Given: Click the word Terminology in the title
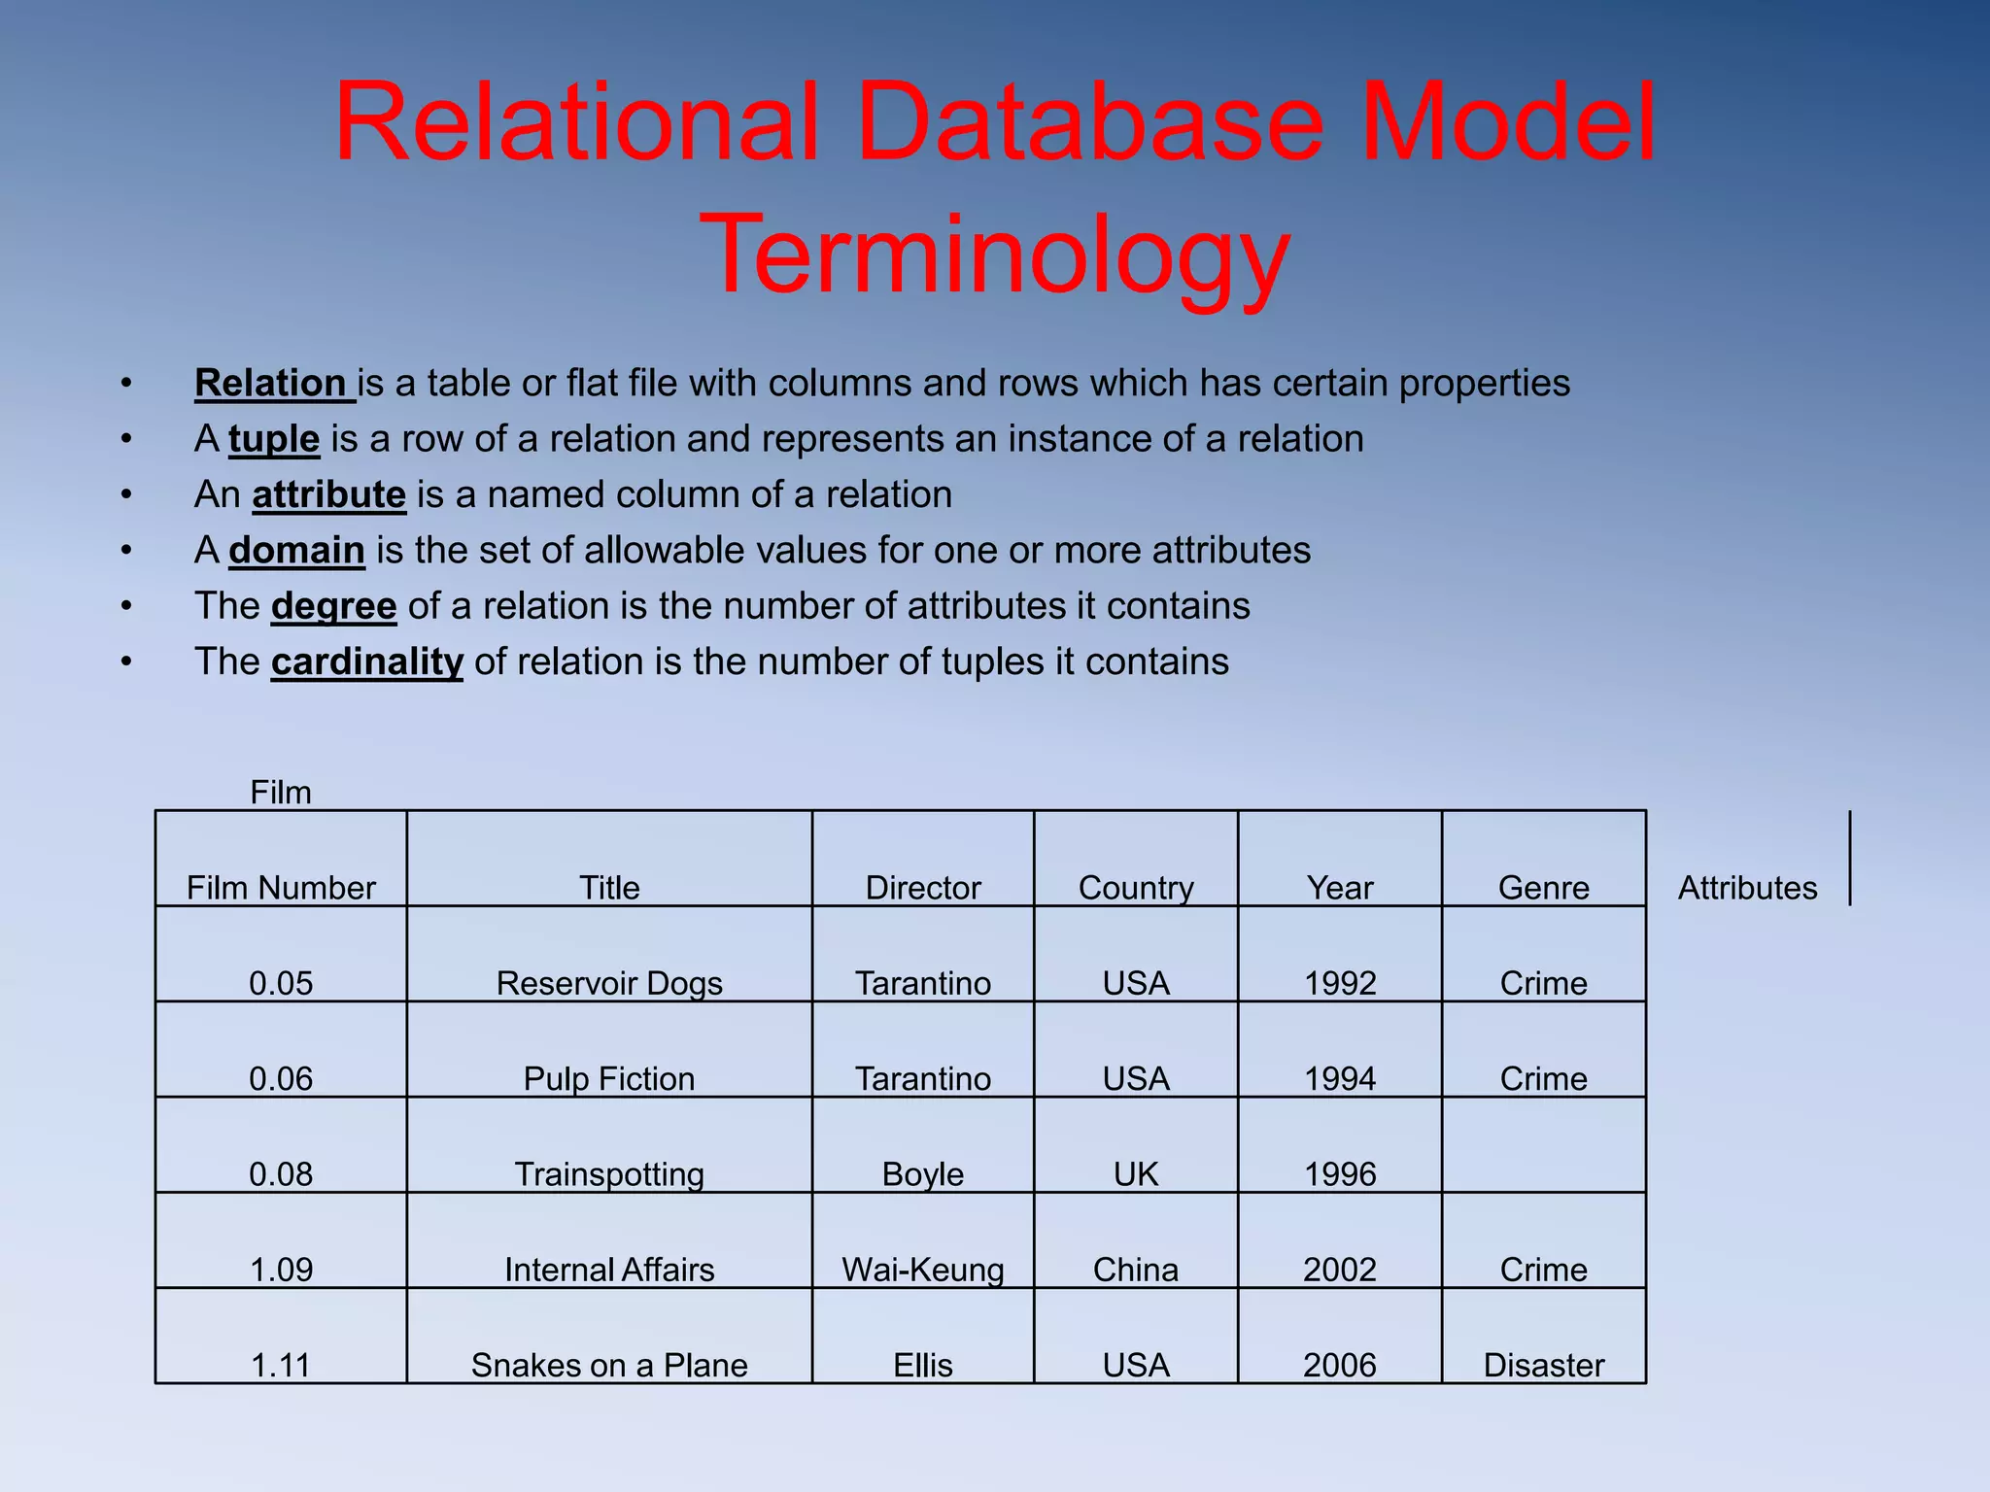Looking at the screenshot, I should click(x=994, y=254).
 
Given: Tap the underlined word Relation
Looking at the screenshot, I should click(x=271, y=384).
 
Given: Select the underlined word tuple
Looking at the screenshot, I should click(x=274, y=439).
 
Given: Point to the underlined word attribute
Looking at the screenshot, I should click(x=328, y=495).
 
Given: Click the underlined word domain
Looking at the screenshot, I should click(x=296, y=551).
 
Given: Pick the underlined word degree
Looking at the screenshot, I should click(x=333, y=606).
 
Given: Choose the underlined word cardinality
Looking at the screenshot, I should click(x=366, y=662).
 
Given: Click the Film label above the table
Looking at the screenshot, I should click(x=281, y=793).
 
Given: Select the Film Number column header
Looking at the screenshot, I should click(x=281, y=887).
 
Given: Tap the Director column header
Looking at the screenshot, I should click(x=923, y=887).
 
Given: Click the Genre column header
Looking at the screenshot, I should click(x=1543, y=887).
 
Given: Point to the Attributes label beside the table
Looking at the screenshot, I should click(x=1747, y=887).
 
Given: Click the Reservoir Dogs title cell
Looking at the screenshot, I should click(x=609, y=982).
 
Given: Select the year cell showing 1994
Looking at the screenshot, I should click(x=1340, y=1078).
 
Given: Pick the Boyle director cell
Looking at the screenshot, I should click(x=923, y=1173).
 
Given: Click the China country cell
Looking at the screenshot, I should click(x=1136, y=1269).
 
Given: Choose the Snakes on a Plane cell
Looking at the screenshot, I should click(x=609, y=1365).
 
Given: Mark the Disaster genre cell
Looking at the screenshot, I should click(x=1543, y=1365).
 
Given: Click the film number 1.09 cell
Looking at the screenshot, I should click(x=281, y=1269).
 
